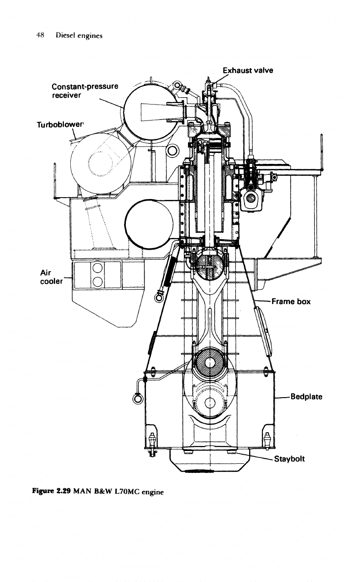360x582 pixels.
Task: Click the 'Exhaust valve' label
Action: click(248, 70)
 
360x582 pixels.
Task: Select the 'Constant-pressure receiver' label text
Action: click(85, 90)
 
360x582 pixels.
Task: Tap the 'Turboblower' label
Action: click(60, 125)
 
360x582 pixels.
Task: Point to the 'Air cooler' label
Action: click(51, 277)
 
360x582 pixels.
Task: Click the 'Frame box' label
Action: click(291, 301)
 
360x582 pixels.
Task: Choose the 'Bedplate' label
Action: click(306, 397)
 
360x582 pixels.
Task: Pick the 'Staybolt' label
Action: click(289, 459)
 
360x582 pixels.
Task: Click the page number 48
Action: click(40, 35)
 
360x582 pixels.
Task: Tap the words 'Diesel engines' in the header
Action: click(79, 36)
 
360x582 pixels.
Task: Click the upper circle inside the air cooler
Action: click(97, 267)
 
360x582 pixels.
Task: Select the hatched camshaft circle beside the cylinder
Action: click(251, 199)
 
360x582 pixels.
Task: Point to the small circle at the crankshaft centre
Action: click(209, 403)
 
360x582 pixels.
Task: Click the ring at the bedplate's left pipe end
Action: click(137, 398)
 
